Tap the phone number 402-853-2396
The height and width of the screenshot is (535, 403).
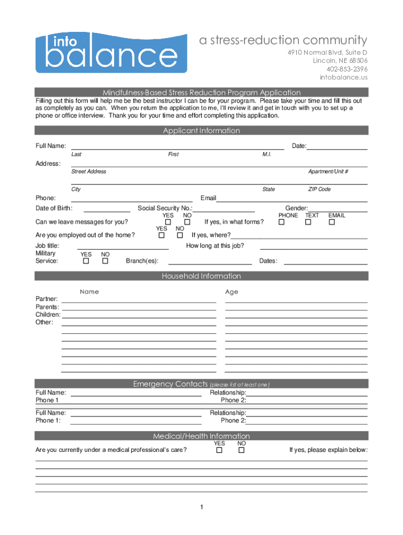click(347, 69)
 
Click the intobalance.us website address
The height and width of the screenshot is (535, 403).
click(344, 77)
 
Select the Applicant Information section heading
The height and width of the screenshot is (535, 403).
click(201, 131)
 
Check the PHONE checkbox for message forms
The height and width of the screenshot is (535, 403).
click(282, 223)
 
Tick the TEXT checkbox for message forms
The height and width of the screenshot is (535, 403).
click(308, 223)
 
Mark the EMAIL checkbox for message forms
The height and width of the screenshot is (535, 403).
click(331, 223)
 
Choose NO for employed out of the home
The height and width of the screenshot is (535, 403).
click(180, 236)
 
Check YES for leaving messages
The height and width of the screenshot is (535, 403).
click(168, 223)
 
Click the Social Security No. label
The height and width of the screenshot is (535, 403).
click(165, 208)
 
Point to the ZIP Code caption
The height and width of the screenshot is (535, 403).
click(319, 189)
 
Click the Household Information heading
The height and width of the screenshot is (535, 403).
click(201, 276)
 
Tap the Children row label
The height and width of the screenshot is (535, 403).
click(48, 315)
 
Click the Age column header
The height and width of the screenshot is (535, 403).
click(232, 292)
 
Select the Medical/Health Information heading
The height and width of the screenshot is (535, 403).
click(201, 436)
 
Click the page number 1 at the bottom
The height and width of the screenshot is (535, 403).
click(201, 508)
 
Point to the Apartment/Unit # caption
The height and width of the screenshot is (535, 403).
click(328, 172)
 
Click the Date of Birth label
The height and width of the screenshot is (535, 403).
click(53, 208)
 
